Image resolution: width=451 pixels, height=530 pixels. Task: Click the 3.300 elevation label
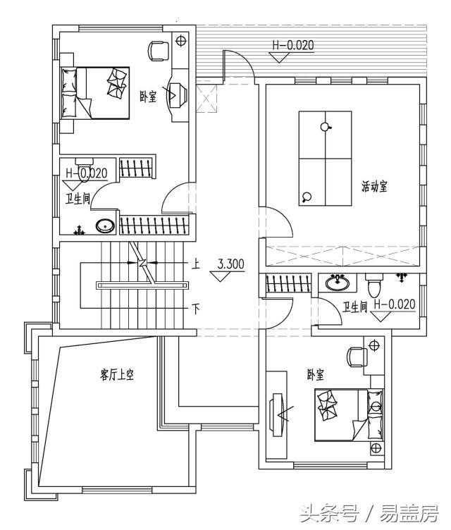click(230, 265)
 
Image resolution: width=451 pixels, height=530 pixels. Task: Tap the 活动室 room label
click(376, 187)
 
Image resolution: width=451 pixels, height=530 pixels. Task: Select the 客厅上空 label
click(117, 376)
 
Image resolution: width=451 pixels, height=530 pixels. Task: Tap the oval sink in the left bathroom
click(105, 226)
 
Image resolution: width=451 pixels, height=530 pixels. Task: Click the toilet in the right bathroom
click(374, 286)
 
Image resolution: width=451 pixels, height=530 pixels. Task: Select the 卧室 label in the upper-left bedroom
click(148, 97)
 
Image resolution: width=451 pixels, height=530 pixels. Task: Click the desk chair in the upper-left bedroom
click(159, 49)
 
